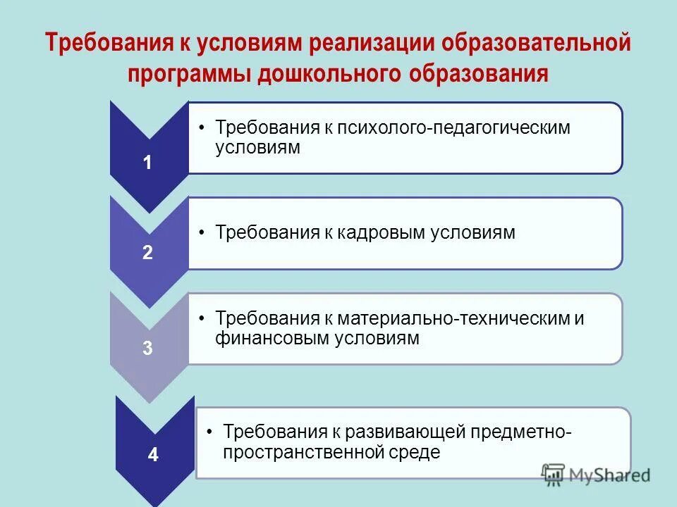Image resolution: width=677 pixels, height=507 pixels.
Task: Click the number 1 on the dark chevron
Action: pyautogui.click(x=147, y=163)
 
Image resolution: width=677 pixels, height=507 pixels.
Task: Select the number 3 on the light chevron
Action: pyautogui.click(x=147, y=348)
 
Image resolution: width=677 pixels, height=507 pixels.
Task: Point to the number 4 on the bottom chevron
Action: pyautogui.click(x=153, y=455)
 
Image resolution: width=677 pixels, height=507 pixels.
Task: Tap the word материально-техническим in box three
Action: pyautogui.click(x=453, y=318)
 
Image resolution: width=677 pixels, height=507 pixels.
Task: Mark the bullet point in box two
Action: pyautogui.click(x=202, y=233)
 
